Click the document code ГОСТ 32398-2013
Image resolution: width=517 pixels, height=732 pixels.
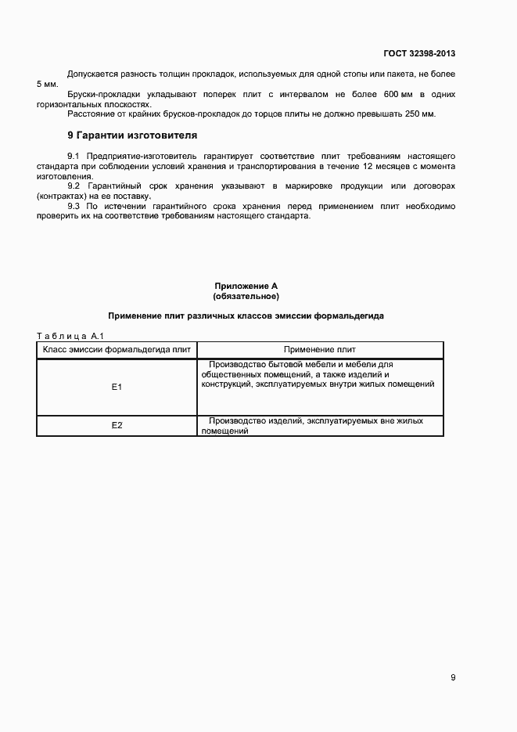419,54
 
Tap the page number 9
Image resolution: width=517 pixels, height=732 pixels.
453,677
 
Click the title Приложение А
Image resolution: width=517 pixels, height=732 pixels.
246,287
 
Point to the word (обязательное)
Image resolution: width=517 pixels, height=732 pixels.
246,297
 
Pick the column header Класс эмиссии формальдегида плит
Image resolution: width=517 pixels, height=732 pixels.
117,350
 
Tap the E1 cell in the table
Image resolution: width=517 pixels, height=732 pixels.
117,387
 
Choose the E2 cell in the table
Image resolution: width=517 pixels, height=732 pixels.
117,425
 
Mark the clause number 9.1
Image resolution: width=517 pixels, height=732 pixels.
74,157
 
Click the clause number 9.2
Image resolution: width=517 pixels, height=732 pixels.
74,186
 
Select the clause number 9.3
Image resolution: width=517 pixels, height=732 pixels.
74,206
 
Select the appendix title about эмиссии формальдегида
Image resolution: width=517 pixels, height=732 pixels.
246,316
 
